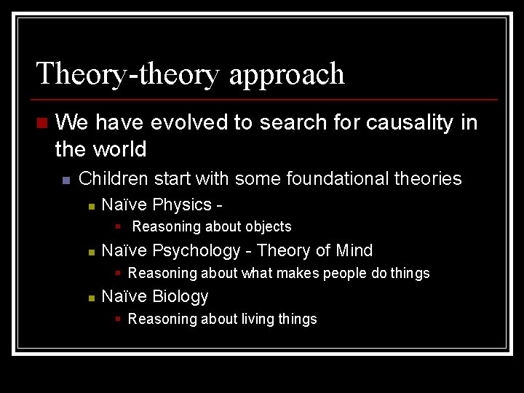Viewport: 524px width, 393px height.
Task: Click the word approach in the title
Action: pos(287,75)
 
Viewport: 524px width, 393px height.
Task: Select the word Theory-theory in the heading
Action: pos(128,74)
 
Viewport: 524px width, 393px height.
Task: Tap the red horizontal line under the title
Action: pos(265,99)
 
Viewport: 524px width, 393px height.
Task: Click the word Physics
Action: pos(182,205)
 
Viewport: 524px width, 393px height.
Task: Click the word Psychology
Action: pos(196,251)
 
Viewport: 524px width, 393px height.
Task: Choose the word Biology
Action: pos(180,297)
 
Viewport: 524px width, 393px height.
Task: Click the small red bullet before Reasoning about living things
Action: pos(118,318)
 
